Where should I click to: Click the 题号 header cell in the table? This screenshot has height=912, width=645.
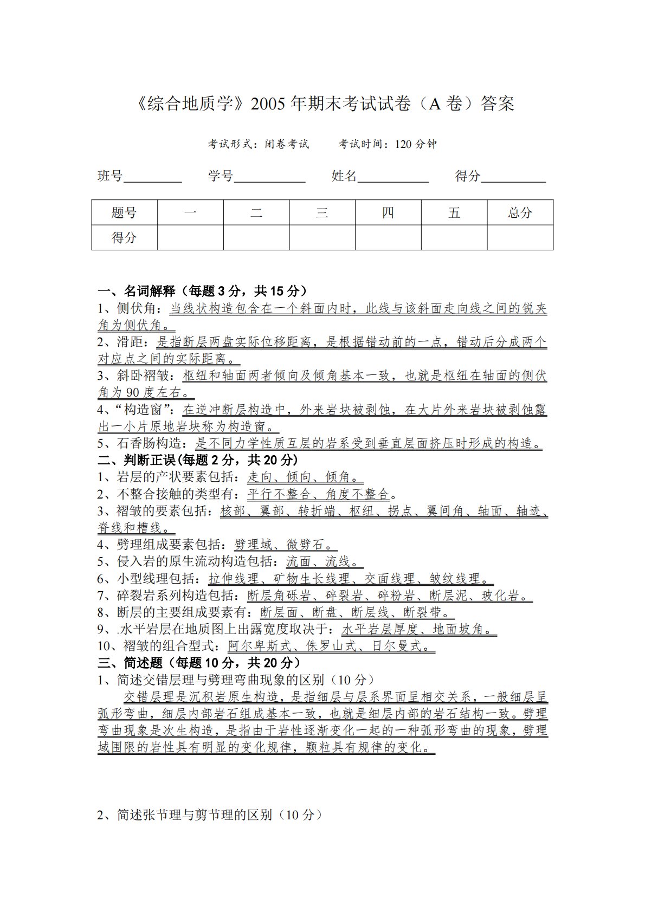click(x=124, y=212)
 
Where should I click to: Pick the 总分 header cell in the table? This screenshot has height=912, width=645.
click(x=520, y=212)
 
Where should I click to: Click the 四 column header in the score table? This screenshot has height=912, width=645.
click(x=388, y=212)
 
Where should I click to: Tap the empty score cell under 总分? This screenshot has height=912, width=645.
click(x=520, y=237)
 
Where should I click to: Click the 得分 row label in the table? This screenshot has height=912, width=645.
click(x=124, y=237)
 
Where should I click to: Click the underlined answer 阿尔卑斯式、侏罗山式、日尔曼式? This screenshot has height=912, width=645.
click(x=330, y=646)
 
